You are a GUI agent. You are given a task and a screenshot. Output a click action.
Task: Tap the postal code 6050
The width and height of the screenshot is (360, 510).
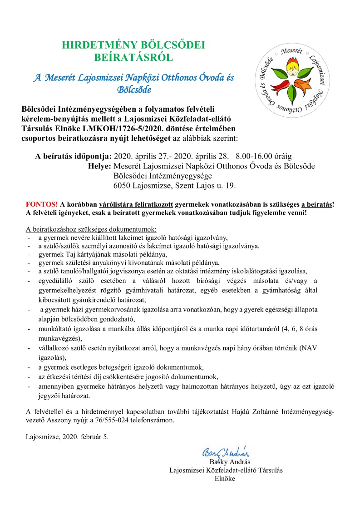[123, 185]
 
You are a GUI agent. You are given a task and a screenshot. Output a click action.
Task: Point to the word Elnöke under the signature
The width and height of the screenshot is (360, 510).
[225, 479]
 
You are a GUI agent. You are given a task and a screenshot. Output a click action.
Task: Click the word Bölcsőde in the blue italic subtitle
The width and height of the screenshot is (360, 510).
[134, 89]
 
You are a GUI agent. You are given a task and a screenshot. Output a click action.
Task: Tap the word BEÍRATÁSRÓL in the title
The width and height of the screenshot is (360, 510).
[133, 57]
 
